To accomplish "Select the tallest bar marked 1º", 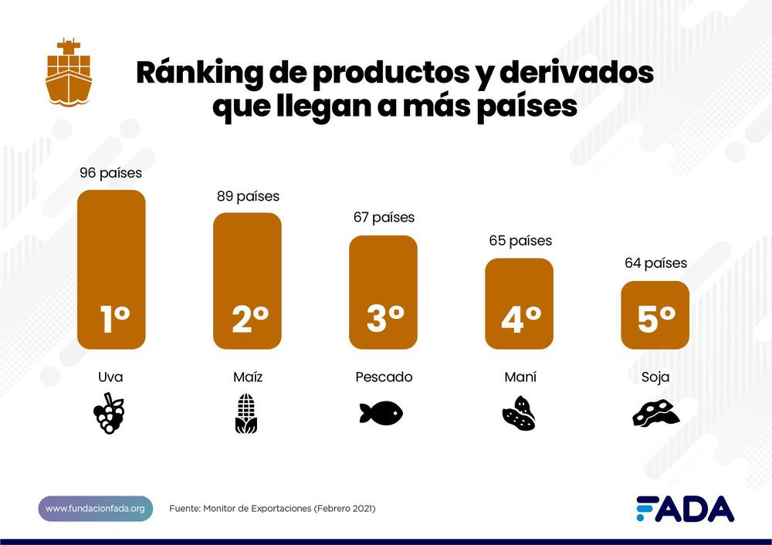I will [x=111, y=269].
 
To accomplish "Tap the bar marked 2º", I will [x=247, y=281].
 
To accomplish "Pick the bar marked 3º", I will [x=383, y=293].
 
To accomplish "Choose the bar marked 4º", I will [x=519, y=303].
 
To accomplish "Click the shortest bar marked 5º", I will [x=655, y=315].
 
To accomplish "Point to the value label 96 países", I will [x=111, y=173].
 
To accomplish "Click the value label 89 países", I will [x=248, y=196].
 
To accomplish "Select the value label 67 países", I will [x=384, y=218].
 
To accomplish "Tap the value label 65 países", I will [x=520, y=241].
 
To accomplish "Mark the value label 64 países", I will [x=655, y=263].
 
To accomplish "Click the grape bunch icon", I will [x=110, y=413].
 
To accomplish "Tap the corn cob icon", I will [x=246, y=414].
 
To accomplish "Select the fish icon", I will [x=381, y=413].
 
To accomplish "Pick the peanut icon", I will [x=519, y=414].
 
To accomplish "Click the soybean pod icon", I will [x=655, y=413].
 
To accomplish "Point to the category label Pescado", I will [x=384, y=377].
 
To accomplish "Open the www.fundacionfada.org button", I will [x=95, y=509].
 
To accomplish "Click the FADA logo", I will [x=685, y=509].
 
